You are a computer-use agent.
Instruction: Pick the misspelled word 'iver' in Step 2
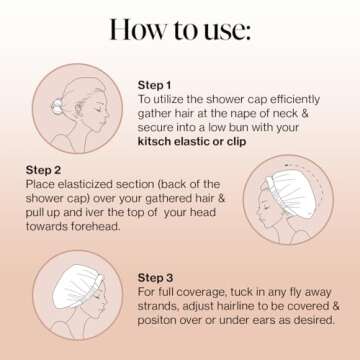pos(97,215)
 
